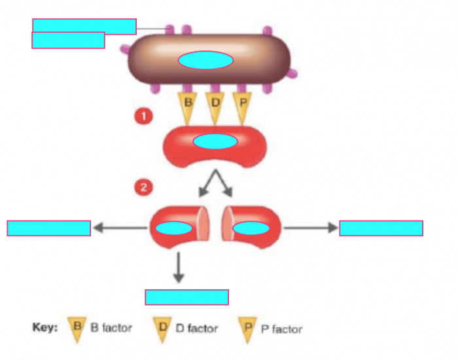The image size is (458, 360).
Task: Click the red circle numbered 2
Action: pyautogui.click(x=143, y=188)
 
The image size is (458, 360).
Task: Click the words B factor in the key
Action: pyautogui.click(x=111, y=328)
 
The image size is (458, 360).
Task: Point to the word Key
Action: pyautogui.click(x=45, y=328)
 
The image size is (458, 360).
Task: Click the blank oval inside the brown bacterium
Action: pyautogui.click(x=205, y=60)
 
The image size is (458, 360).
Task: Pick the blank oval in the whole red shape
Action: pyautogui.click(x=215, y=141)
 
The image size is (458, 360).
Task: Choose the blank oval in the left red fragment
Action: pyautogui.click(x=173, y=228)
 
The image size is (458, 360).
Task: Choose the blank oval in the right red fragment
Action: pyautogui.click(x=251, y=228)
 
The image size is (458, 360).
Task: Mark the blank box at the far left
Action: pyautogui.click(x=48, y=228)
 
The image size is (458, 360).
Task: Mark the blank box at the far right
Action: pyautogui.click(x=381, y=228)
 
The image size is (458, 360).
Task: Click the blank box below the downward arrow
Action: pyautogui.click(x=186, y=297)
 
